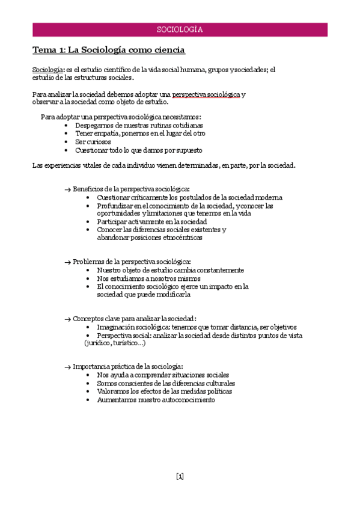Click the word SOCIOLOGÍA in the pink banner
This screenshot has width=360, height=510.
tap(180, 29)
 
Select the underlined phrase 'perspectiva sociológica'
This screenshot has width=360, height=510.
tap(206, 94)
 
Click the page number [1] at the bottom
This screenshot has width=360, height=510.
tap(180, 476)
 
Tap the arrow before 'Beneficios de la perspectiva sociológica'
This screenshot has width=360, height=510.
tap(67, 189)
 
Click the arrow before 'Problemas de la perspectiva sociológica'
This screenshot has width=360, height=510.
tap(67, 262)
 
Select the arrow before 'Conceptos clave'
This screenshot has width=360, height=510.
tap(67, 319)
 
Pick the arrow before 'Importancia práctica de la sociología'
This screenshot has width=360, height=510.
tap(67, 367)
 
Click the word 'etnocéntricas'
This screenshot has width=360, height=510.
tap(178, 238)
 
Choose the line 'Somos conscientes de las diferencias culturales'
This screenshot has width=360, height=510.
tap(166, 383)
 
